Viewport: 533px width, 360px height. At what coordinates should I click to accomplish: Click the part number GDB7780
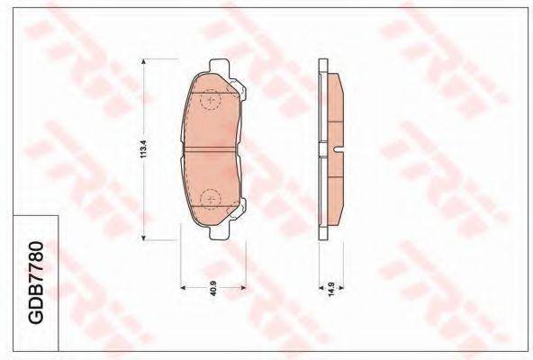[x=35, y=283]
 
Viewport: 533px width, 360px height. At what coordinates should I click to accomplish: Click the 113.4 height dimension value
[x=143, y=148]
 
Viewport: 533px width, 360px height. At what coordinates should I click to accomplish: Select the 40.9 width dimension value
[x=213, y=288]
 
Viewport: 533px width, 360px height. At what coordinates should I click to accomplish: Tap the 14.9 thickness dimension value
[x=331, y=289]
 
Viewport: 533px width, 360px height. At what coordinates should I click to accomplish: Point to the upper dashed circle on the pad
[x=211, y=100]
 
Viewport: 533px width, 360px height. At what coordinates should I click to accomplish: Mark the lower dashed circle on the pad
[x=211, y=199]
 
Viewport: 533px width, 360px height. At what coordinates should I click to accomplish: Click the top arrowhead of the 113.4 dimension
[x=143, y=61]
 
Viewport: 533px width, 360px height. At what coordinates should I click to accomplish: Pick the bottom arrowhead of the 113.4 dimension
[x=143, y=238]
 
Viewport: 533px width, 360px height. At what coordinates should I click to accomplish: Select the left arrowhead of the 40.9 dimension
[x=183, y=288]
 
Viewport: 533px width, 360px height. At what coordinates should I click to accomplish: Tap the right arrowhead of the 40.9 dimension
[x=243, y=288]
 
